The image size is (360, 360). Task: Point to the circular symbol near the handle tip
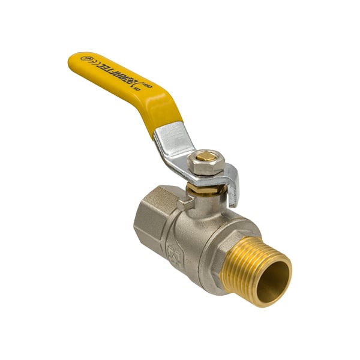coord(85,59)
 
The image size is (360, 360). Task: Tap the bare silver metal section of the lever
coord(171,144)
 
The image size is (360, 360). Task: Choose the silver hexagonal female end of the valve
coord(154,216)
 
